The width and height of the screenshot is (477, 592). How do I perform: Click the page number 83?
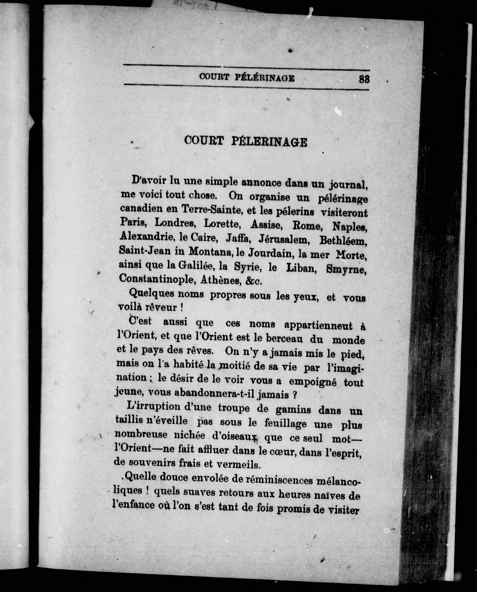364,79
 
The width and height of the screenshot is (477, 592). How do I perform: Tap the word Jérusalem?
284,240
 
